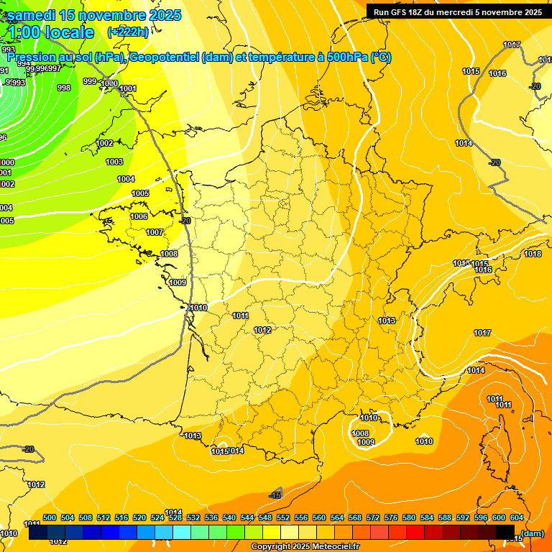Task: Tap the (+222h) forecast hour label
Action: pos(128,32)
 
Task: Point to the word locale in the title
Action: pos(69,32)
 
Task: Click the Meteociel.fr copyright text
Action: pos(305,547)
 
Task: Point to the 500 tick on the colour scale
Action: pos(50,517)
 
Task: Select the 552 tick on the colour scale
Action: pos(283,517)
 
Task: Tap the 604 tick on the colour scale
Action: pos(517,517)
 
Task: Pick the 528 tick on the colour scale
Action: pos(175,517)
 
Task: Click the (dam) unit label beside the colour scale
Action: pos(533,533)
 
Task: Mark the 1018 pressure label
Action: pos(533,254)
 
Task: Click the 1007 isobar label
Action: pos(155,232)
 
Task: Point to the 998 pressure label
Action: pos(64,88)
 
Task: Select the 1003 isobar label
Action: pos(114,162)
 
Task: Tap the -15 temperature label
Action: pos(275,495)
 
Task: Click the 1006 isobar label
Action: pos(139,216)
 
